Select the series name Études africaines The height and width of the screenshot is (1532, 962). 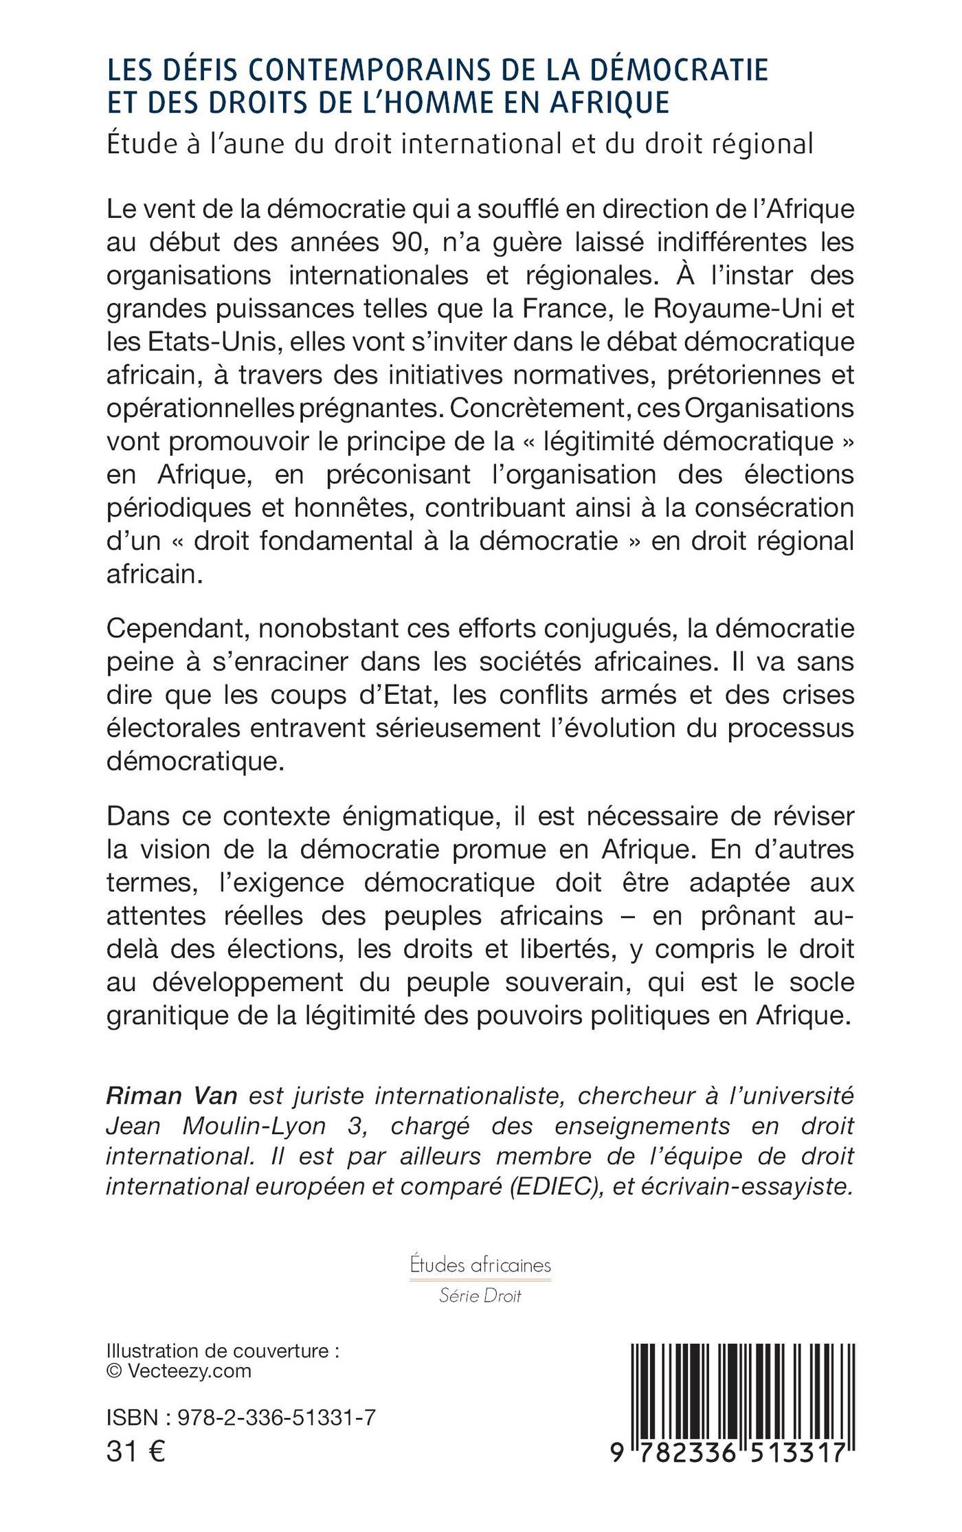click(x=480, y=1265)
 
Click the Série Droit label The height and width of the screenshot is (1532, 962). click(x=480, y=1296)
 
